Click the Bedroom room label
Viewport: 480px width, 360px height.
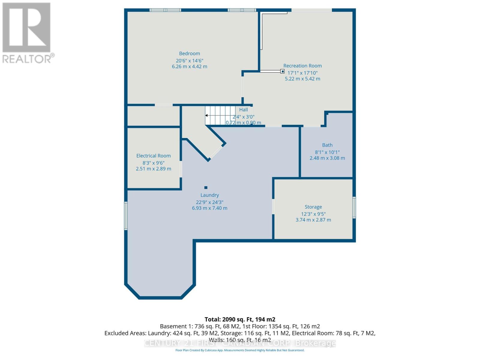tap(189, 54)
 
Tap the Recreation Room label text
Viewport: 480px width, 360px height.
tap(302, 66)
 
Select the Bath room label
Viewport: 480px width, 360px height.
tap(327, 145)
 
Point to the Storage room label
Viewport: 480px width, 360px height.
tap(313, 207)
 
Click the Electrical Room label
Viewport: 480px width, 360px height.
tap(153, 156)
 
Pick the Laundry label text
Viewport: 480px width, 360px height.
tap(209, 195)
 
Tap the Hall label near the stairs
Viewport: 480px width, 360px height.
tap(243, 109)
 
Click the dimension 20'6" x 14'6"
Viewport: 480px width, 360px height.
tap(189, 61)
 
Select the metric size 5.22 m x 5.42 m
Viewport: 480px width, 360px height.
tap(302, 79)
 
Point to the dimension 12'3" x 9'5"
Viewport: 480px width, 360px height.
tap(313, 214)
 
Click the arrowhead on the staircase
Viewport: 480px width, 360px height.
tap(207, 115)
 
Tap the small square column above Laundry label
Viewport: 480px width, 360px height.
tap(206, 188)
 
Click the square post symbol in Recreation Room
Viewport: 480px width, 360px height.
tap(282, 71)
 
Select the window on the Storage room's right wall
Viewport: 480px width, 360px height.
tap(354, 207)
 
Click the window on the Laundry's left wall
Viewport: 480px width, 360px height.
tap(126, 216)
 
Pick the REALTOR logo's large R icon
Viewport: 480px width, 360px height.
tap(26, 28)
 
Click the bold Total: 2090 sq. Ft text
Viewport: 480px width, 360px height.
tap(240, 319)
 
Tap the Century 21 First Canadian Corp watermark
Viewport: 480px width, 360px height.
tap(240, 343)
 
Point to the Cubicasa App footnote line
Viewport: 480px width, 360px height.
tap(240, 350)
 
